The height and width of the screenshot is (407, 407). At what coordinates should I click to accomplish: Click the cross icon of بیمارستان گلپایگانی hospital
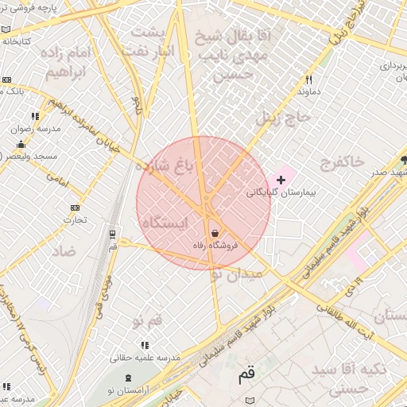click(x=281, y=180)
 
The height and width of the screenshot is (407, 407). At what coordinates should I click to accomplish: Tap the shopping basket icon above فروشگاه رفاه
click(x=215, y=234)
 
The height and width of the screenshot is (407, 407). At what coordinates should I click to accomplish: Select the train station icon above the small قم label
click(x=112, y=235)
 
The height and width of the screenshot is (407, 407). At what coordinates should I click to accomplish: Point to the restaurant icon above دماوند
click(x=308, y=79)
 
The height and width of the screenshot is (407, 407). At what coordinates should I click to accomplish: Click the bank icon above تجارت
click(x=75, y=207)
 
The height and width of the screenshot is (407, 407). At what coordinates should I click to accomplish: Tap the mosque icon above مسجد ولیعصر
click(x=21, y=145)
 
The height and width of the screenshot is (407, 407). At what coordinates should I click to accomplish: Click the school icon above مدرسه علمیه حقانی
click(x=144, y=345)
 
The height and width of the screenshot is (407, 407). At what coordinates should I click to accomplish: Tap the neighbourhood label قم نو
click(x=149, y=321)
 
